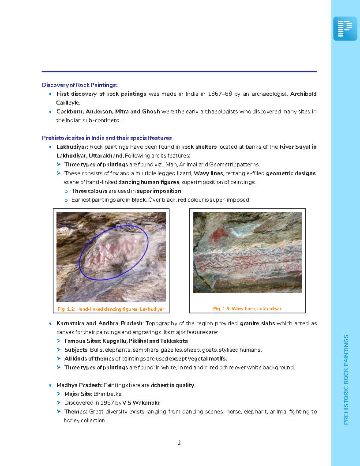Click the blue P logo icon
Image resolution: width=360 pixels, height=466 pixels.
[x=345, y=29]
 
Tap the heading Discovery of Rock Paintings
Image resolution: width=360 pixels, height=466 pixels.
[x=79, y=85]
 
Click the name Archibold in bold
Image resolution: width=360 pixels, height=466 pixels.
[x=303, y=94]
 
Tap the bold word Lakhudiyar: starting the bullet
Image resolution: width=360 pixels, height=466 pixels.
[x=72, y=147]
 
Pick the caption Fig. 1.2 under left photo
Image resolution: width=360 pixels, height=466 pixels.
[x=111, y=309]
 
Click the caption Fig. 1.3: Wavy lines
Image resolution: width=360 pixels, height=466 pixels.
[x=247, y=308]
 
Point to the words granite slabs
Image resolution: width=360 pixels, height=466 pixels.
[x=257, y=323]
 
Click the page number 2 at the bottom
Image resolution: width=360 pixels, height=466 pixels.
[x=179, y=443]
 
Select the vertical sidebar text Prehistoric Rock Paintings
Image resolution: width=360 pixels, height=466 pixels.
[x=346, y=380]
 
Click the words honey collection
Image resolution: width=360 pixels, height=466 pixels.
[x=85, y=421]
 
